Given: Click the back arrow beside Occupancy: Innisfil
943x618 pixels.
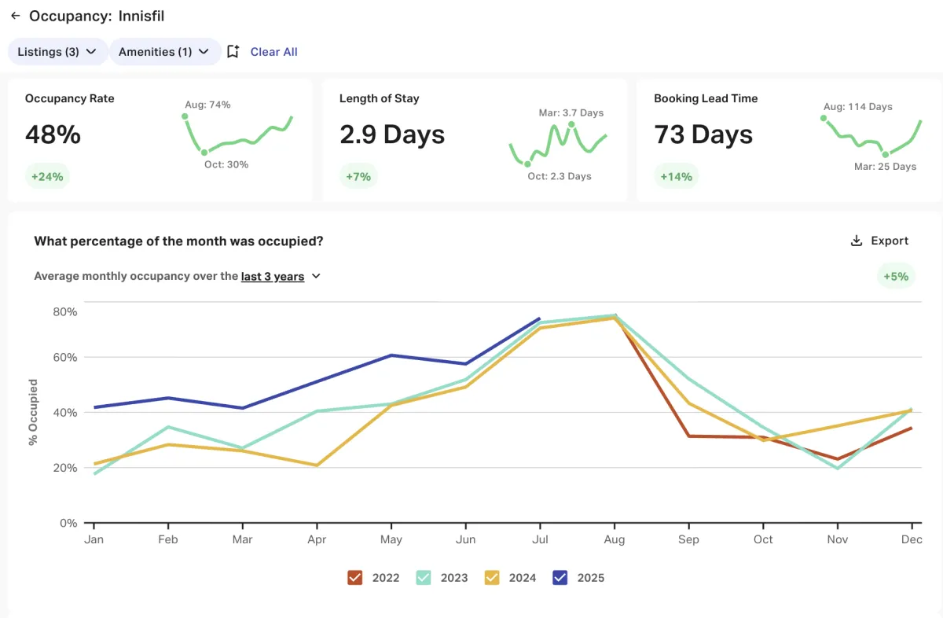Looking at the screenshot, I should pos(15,16).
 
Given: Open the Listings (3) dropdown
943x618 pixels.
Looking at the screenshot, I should pos(57,52).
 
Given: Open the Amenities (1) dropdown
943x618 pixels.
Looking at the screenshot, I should pos(163,52).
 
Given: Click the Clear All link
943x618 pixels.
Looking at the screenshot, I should pos(273,52).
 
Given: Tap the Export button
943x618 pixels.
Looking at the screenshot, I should pos(879,241).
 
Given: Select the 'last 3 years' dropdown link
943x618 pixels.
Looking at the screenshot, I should pos(273,277).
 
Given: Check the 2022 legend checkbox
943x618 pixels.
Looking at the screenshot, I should pos(354,578).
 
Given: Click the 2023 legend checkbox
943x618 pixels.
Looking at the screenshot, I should pos(424,578).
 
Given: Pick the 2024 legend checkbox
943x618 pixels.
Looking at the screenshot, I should pos(492,578).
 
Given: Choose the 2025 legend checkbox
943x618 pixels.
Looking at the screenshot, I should pos(560,578).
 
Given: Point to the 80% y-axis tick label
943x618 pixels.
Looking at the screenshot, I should pos(64,311).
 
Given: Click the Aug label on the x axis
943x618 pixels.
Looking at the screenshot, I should pos(614,539).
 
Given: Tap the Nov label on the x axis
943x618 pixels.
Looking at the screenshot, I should pos(837,539).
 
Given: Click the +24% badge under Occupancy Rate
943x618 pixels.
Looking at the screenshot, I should pos(47,176).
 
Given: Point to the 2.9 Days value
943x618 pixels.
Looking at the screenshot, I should pos(392,134).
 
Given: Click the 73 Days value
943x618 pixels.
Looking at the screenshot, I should pos(703,134).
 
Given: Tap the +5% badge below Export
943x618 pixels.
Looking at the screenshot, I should pos(896,276).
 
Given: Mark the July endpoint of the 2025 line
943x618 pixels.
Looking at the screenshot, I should pos(540,318).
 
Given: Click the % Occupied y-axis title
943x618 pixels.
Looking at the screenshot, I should pos(33,412).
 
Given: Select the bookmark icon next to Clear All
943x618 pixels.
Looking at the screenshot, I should pos(233,52).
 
